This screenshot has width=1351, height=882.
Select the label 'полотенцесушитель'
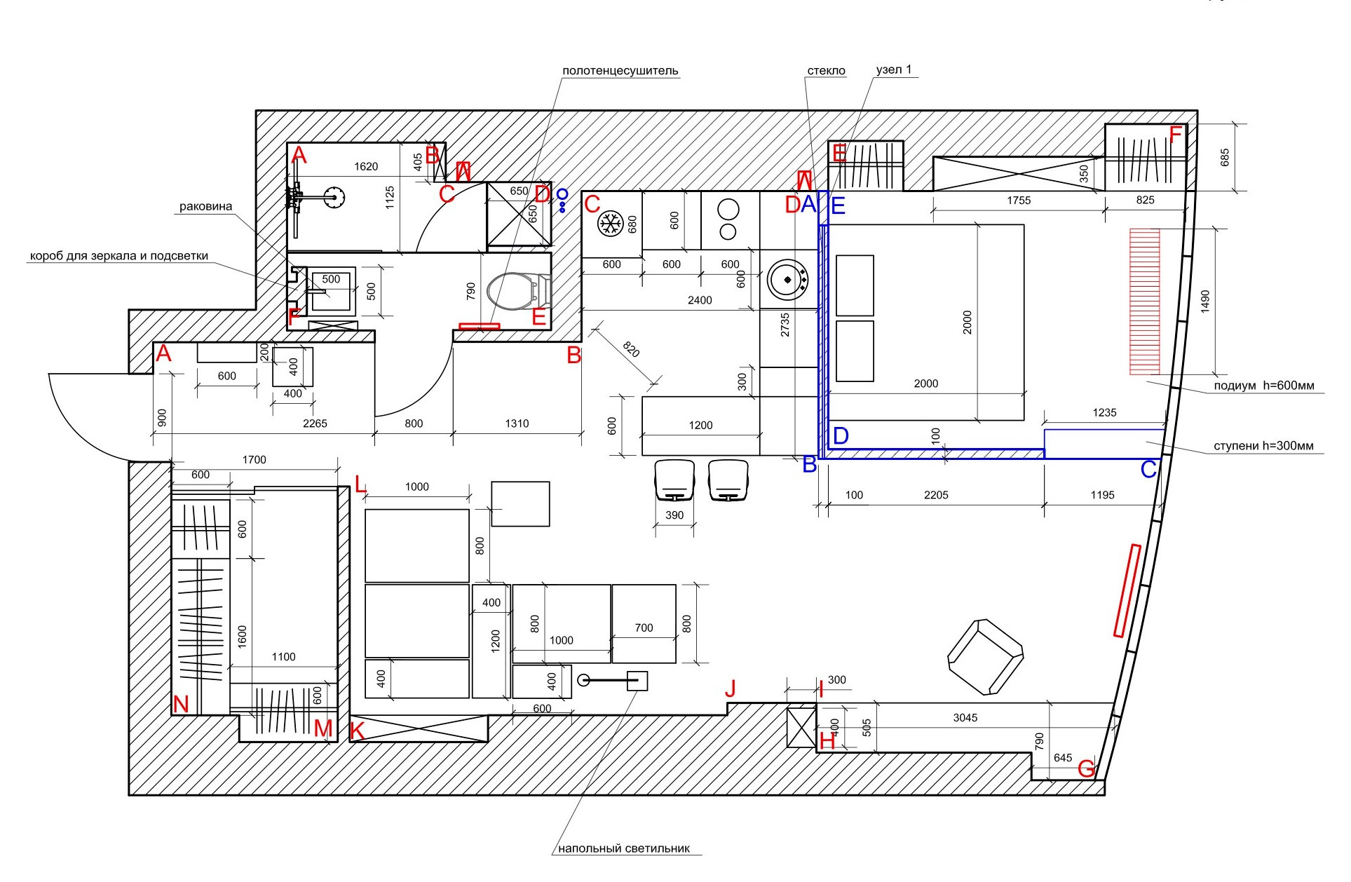click(620, 71)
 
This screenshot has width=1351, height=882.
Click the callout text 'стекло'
click(826, 71)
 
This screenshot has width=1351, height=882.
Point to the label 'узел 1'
click(894, 70)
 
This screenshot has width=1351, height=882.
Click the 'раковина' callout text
click(205, 207)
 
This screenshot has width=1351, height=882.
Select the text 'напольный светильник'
click(624, 848)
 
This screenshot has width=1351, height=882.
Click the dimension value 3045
click(965, 717)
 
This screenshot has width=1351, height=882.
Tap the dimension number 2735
click(785, 325)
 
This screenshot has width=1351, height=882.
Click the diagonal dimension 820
click(631, 349)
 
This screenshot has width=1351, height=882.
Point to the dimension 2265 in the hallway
click(315, 423)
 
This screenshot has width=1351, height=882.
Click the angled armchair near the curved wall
click(985, 657)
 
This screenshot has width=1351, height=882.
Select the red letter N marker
click(181, 705)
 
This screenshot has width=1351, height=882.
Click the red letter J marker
click(731, 688)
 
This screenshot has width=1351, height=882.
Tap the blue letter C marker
click(1148, 469)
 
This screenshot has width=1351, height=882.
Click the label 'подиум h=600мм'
click(1263, 386)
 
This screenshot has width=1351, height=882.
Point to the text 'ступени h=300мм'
click(1263, 446)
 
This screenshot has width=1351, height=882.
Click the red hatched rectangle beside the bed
click(1144, 301)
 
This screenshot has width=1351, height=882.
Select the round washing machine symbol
click(788, 280)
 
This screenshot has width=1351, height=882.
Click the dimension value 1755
click(1018, 201)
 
